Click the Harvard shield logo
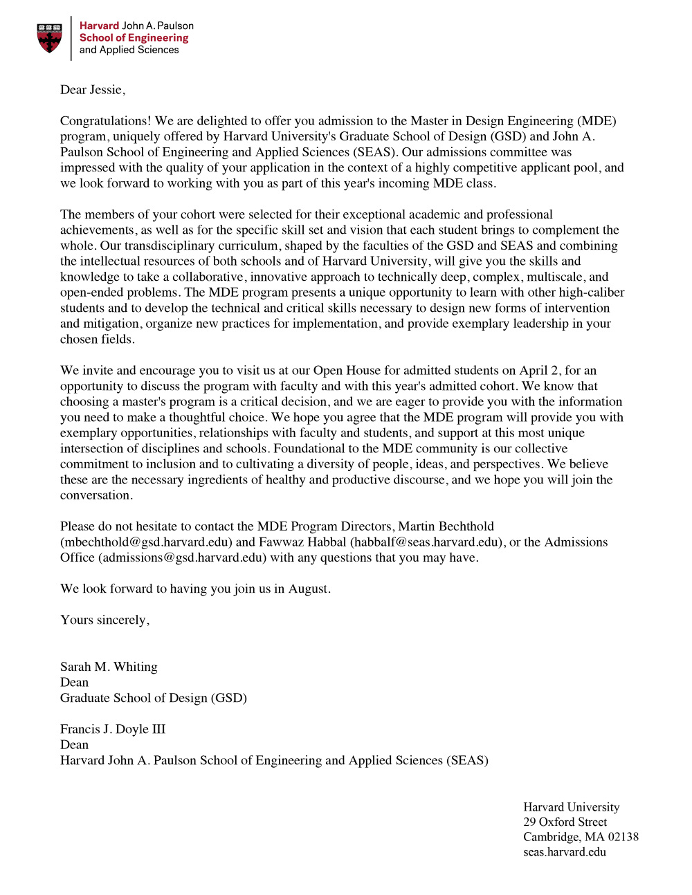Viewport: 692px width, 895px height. tap(49, 38)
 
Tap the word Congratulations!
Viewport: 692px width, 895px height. tap(106, 121)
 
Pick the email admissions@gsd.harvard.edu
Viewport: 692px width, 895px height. tap(183, 557)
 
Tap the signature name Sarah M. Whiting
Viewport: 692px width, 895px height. tap(109, 667)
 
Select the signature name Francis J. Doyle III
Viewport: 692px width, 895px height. tap(113, 729)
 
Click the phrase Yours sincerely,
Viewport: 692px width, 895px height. tap(104, 620)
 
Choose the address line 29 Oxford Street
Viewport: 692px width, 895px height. tap(565, 822)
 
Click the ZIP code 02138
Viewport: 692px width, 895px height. tap(623, 837)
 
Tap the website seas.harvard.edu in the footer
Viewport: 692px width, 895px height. tap(564, 852)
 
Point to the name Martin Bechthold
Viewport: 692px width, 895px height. tap(446, 526)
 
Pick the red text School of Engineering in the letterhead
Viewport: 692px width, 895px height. tap(134, 38)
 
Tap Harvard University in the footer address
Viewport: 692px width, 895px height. tap(571, 807)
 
